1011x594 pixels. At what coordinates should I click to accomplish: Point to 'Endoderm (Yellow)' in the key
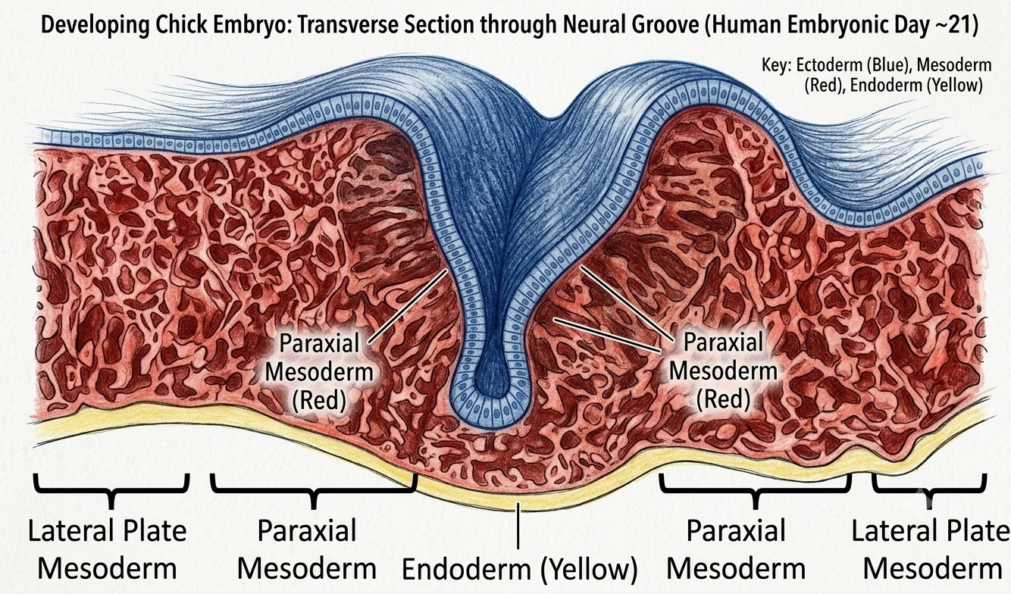(916, 85)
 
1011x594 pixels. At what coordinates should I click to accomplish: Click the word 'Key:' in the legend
(776, 65)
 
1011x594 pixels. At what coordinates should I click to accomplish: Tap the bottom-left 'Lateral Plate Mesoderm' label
(108, 549)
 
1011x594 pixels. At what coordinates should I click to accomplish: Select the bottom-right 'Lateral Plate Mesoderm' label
(931, 549)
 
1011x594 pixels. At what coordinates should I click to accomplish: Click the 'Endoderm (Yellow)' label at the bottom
(519, 569)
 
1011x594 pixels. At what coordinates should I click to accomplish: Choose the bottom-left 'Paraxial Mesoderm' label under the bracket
(307, 549)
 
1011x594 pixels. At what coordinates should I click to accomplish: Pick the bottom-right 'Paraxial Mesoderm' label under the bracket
(736, 549)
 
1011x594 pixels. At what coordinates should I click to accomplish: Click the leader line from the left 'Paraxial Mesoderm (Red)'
(408, 307)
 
